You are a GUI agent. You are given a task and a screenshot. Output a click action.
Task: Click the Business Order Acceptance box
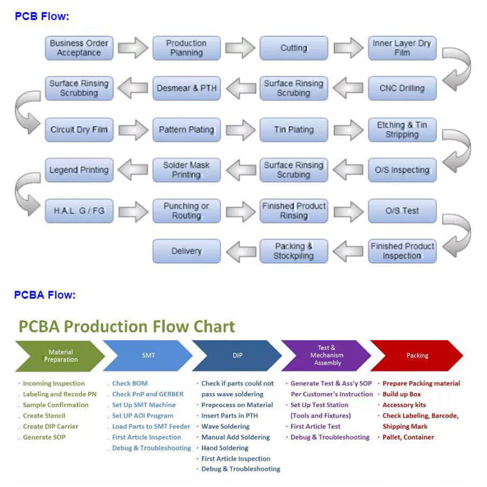tap(79, 48)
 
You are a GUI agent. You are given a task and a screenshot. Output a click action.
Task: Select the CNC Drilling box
tap(402, 88)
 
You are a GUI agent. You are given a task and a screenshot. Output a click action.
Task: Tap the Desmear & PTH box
tap(186, 88)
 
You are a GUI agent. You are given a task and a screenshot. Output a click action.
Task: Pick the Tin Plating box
tap(294, 130)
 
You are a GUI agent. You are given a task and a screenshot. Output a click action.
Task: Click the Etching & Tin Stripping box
tap(402, 130)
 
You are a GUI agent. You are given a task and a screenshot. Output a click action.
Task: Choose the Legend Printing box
tap(79, 170)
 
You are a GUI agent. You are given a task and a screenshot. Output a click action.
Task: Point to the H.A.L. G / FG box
tap(79, 211)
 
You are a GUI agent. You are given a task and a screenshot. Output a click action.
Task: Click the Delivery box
tap(186, 251)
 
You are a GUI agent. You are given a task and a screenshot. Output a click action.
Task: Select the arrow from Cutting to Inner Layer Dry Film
tap(348, 48)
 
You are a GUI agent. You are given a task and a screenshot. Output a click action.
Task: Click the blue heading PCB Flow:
tap(42, 16)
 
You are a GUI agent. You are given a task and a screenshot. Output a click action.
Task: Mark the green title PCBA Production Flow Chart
tap(127, 326)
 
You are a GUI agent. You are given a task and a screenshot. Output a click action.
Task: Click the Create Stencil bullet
tap(44, 416)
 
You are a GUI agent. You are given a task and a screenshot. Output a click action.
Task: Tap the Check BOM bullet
tap(130, 383)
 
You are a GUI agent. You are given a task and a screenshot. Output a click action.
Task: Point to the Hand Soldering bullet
tap(224, 448)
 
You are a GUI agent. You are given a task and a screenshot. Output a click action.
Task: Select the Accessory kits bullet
tap(404, 405)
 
